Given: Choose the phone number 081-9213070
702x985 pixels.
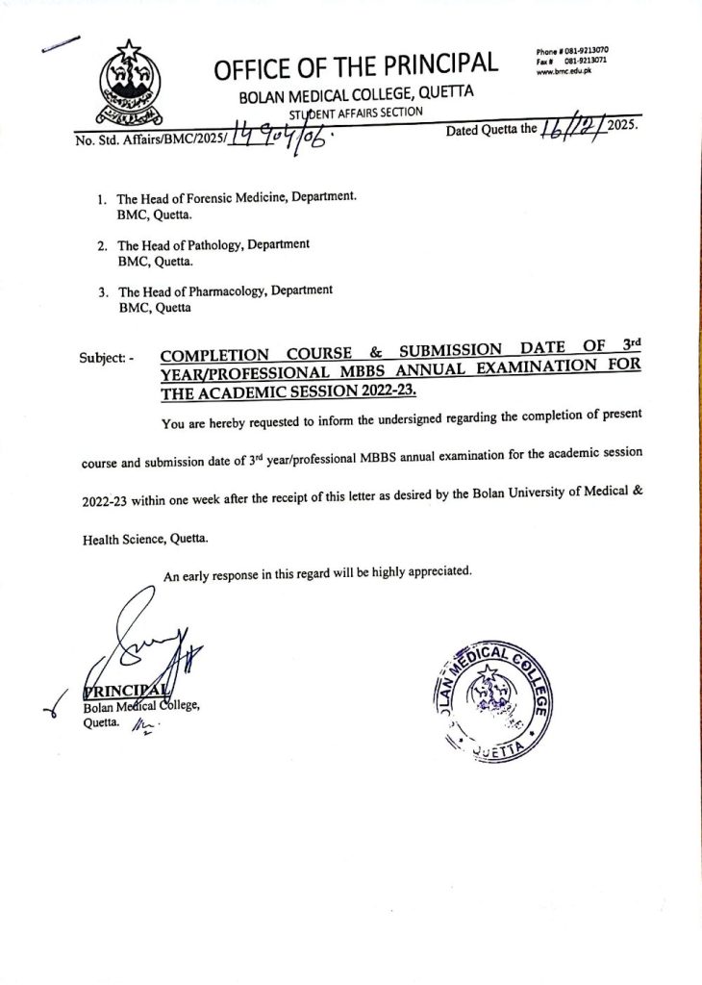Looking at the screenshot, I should tap(593, 49).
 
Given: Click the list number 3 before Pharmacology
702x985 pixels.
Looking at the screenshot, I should tap(101, 291).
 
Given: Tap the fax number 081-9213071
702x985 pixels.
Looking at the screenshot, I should tap(593, 60).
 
